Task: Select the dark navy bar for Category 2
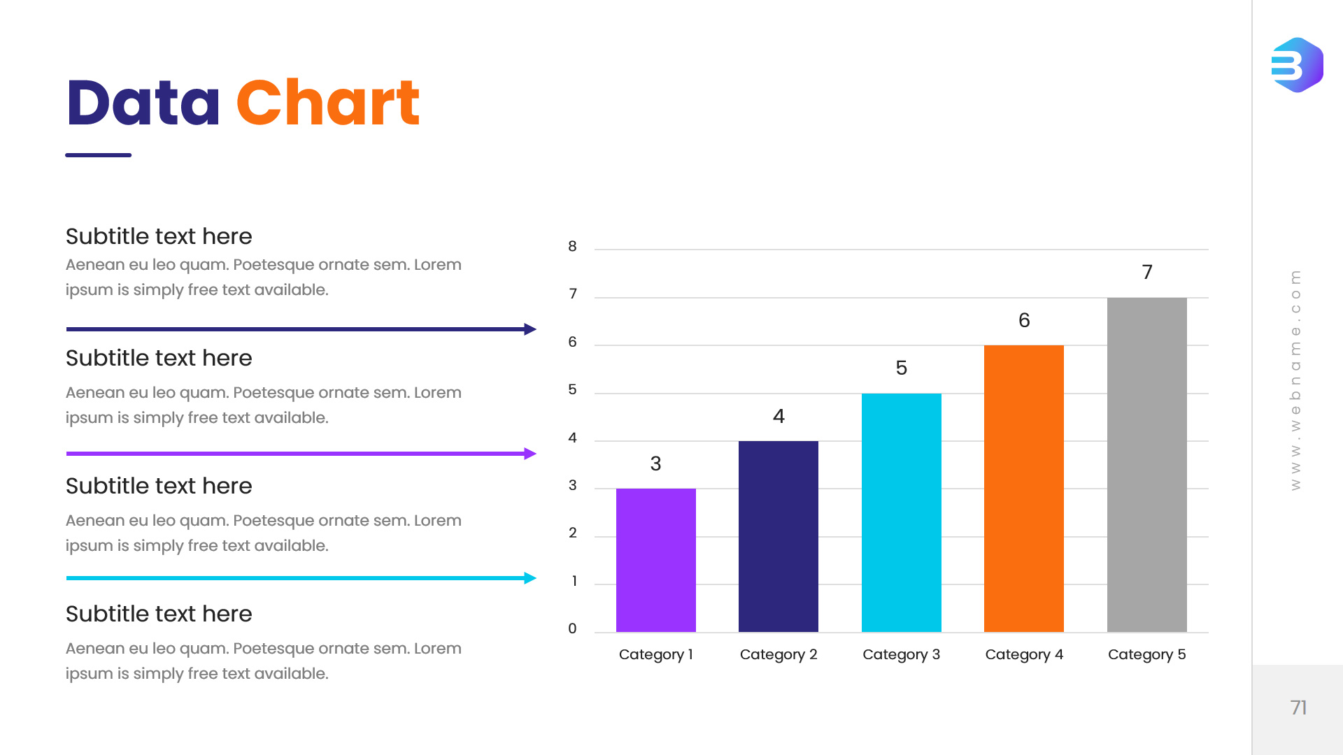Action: (778, 536)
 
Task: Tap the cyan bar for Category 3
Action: (901, 512)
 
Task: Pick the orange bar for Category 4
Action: (1023, 488)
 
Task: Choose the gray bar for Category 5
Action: (1146, 464)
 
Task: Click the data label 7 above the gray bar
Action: (1147, 272)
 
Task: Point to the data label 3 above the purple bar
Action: (655, 463)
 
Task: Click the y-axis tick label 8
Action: (572, 246)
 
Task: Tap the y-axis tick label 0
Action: (572, 628)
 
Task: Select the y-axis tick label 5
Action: (572, 389)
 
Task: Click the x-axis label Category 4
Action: (1024, 654)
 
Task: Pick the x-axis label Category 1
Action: (655, 654)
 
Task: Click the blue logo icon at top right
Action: (1297, 65)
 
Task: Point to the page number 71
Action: (1298, 707)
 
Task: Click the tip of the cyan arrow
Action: (532, 578)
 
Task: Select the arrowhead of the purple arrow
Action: (530, 454)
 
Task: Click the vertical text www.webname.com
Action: (1295, 380)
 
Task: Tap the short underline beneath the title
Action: (98, 155)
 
